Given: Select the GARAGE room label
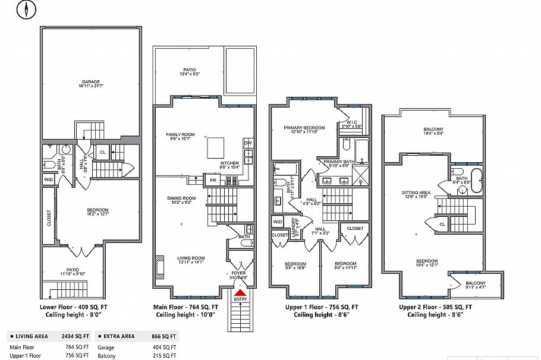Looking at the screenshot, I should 90,82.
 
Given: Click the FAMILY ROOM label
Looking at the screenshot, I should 180,135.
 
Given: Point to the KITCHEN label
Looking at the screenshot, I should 229,163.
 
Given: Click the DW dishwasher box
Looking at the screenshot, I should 248,143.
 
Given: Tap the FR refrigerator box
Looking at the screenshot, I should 212,180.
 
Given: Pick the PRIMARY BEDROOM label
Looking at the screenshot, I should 304,128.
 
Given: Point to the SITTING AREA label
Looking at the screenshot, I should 416,193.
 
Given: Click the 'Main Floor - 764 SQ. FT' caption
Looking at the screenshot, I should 185,307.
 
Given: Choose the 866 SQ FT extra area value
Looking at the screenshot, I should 165,336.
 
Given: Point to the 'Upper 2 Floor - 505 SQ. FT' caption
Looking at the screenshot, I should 436,307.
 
